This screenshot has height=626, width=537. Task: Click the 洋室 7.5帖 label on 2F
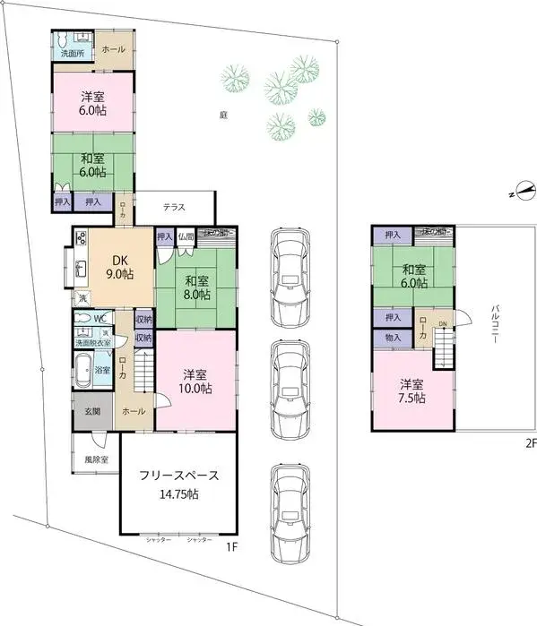[x=413, y=391]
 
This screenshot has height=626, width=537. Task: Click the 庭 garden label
[x=221, y=116]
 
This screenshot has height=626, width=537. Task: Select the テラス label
[x=174, y=208]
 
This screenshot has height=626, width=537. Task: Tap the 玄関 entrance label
[x=92, y=412]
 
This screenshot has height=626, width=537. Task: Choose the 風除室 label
[x=95, y=459]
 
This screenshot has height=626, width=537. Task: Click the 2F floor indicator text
[x=530, y=442]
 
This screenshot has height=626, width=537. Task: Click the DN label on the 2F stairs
[x=441, y=324]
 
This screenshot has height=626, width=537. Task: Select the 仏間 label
[x=186, y=236]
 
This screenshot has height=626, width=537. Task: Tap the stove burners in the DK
[x=81, y=238]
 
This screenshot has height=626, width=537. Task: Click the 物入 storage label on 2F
[x=393, y=337]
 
